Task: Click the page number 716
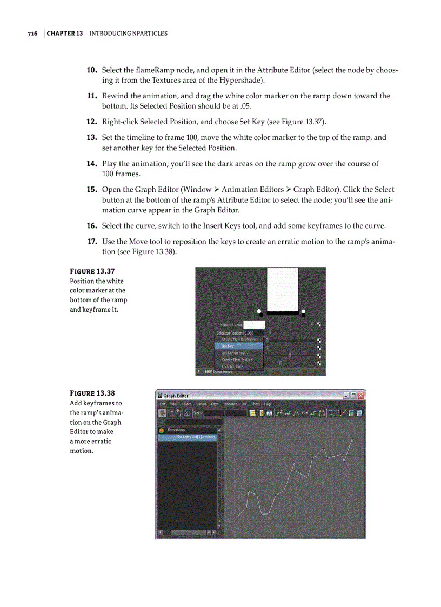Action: click(x=32, y=34)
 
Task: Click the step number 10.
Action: click(x=92, y=70)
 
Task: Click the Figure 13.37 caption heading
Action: click(x=92, y=271)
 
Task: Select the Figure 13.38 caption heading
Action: click(x=92, y=393)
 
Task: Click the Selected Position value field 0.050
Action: click(x=252, y=333)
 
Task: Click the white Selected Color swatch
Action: click(x=253, y=325)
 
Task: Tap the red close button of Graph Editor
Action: click(x=361, y=395)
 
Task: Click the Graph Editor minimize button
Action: click(x=346, y=395)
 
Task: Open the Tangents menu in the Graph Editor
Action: click(x=230, y=404)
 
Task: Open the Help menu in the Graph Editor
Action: click(x=268, y=404)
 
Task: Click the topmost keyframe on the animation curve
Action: click(x=352, y=438)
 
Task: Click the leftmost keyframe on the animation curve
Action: click(x=236, y=517)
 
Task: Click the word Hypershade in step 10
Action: click(x=246, y=81)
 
